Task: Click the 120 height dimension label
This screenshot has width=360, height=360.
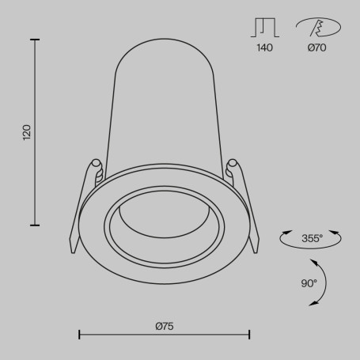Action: [x=27, y=132]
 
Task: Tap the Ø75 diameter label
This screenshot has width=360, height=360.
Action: [x=165, y=326]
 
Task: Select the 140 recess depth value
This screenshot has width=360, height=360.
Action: [x=264, y=47]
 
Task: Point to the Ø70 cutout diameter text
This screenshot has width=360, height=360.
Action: [x=316, y=47]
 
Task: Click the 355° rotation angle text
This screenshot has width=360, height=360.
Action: [x=313, y=238]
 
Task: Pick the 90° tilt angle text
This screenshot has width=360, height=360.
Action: [x=309, y=283]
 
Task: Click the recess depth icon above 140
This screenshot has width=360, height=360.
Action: [x=265, y=28]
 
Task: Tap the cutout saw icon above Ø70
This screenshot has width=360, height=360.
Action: [x=318, y=27]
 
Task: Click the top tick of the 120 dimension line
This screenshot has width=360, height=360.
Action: [x=35, y=40]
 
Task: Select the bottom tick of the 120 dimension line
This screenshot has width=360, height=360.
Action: [x=35, y=225]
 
